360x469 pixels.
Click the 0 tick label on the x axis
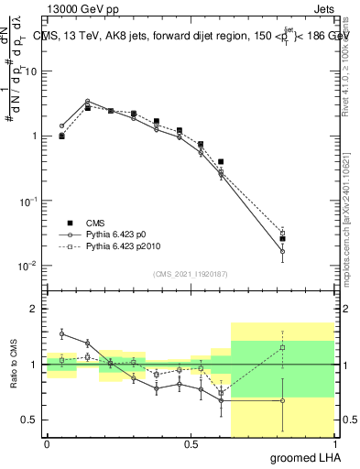(x=47, y=443)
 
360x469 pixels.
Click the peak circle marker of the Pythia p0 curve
(x=87, y=102)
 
